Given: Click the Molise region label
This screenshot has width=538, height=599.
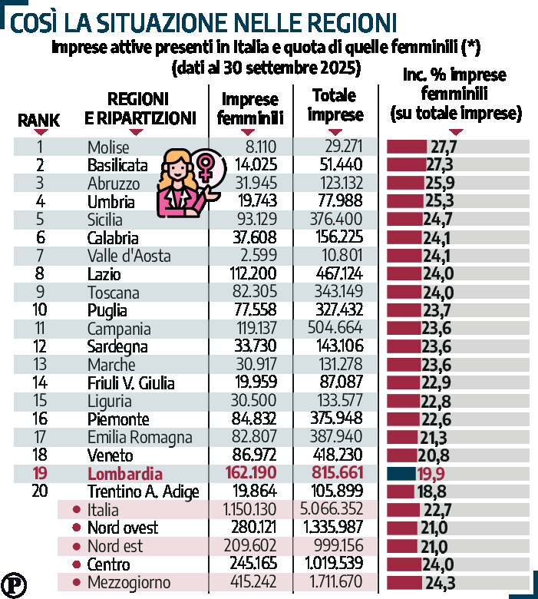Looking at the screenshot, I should [114, 147].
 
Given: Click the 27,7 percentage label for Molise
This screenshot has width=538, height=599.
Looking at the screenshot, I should [444, 147].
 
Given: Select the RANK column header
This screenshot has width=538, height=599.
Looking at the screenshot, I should [38, 121].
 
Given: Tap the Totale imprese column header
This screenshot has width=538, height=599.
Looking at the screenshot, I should [335, 106].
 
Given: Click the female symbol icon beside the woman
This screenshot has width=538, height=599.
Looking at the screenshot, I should [206, 167].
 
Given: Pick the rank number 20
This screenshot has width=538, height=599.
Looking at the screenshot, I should [41, 491].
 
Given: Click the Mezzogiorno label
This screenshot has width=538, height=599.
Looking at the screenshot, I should [128, 583].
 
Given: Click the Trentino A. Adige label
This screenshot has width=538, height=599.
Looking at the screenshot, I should [144, 491].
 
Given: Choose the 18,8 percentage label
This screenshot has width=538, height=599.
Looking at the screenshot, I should [431, 491].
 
